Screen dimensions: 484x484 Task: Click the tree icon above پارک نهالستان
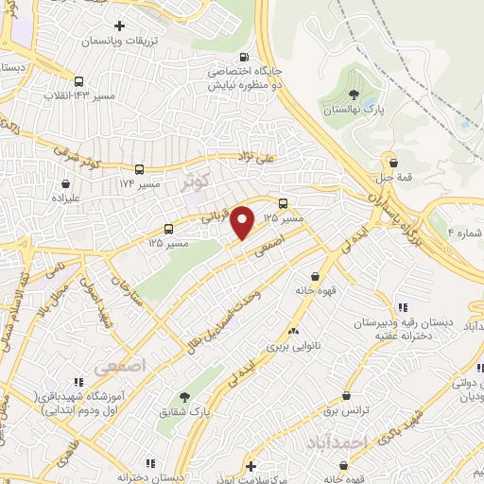click(x=353, y=94)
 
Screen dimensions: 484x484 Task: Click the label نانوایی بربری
click(x=292, y=346)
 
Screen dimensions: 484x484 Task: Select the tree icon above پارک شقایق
click(x=185, y=398)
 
